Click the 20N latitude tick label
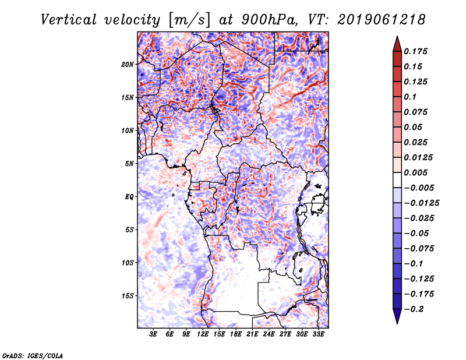[128, 64]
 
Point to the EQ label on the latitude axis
[129, 197]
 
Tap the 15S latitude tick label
[128, 296]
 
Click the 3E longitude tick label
[154, 334]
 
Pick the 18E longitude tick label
[236, 334]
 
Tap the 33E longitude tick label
[318, 334]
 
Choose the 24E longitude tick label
[269, 334]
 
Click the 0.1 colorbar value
[411, 97]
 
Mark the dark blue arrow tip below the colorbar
[396, 322]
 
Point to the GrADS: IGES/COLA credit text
[32, 355]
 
